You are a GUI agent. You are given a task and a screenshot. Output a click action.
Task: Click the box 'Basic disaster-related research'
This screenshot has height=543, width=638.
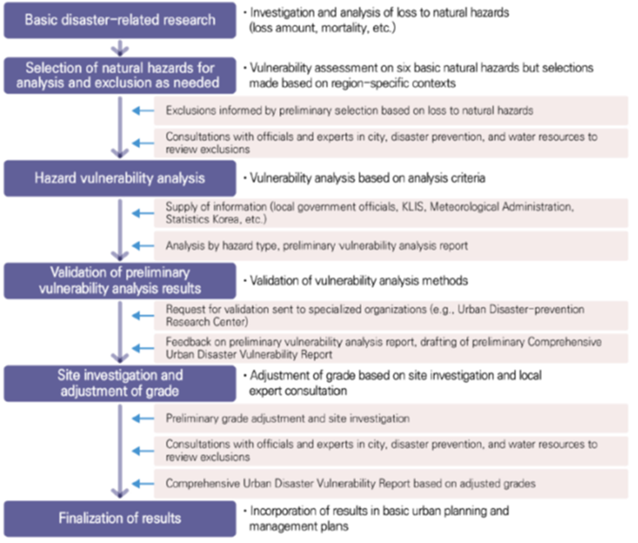120,20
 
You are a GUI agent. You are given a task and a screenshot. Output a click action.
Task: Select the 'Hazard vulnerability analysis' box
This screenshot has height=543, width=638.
120,178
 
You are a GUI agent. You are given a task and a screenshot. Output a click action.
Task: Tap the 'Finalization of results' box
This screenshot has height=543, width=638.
120,519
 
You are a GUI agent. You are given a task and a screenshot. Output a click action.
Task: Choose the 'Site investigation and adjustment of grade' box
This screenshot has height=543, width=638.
120,383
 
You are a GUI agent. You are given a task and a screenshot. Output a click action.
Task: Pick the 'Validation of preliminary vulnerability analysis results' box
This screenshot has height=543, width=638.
120,280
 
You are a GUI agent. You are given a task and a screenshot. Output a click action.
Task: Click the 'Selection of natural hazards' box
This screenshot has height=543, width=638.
120,75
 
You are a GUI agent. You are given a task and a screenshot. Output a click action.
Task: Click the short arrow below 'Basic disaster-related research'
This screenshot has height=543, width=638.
120,48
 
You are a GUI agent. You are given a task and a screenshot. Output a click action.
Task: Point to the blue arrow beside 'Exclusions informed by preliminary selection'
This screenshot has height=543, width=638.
143,111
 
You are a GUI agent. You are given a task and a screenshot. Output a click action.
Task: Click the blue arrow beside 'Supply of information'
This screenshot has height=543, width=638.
143,213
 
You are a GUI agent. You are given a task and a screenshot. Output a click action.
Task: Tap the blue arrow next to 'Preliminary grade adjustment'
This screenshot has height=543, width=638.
143,418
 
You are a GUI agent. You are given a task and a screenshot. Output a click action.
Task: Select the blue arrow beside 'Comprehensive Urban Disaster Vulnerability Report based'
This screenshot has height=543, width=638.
143,483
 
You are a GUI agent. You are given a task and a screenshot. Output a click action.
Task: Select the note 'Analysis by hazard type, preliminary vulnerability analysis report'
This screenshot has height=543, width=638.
316,246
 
